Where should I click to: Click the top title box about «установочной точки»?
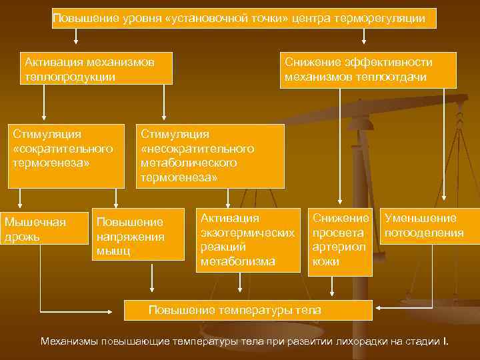pos(244,18)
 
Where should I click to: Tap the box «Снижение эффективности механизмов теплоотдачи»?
pos(368,70)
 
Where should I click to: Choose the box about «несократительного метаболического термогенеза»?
pos(211,156)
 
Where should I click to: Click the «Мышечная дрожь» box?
pos(44,229)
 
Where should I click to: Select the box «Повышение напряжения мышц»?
pos(138,236)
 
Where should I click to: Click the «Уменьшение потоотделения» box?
pos(429,226)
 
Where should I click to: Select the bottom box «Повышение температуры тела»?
pos(248,310)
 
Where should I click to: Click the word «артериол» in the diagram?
pos(339,247)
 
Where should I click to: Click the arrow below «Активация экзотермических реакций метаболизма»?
pos(239,283)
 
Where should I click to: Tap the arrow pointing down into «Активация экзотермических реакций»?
pos(229,198)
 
